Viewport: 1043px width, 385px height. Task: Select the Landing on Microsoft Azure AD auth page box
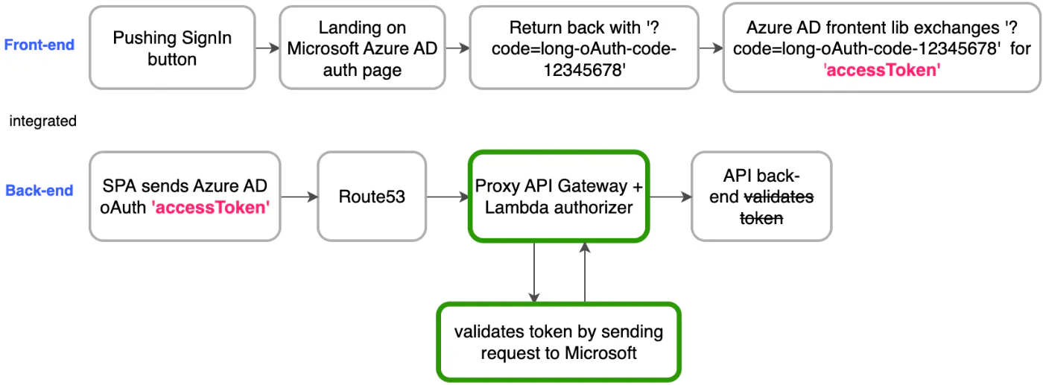pyautogui.click(x=362, y=48)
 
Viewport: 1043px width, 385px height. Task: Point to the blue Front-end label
pyautogui.click(x=39, y=45)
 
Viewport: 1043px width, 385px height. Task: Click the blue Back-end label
pyautogui.click(x=39, y=191)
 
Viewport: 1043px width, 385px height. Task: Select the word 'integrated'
pyautogui.click(x=42, y=121)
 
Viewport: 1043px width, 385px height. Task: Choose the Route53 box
pyautogui.click(x=372, y=197)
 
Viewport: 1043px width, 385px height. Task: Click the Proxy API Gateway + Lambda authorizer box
pyautogui.click(x=559, y=197)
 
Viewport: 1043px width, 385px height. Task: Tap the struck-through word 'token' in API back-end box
pyautogui.click(x=761, y=218)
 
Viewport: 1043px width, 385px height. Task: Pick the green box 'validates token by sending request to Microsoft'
pyautogui.click(x=559, y=342)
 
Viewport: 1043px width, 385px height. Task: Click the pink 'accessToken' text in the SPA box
pyautogui.click(x=210, y=208)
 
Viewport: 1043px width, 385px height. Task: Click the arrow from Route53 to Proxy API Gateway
pyautogui.click(x=447, y=197)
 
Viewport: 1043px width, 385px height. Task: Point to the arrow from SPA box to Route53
pyautogui.click(x=299, y=197)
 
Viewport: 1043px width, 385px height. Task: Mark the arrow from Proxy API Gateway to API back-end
pyautogui.click(x=670, y=197)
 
